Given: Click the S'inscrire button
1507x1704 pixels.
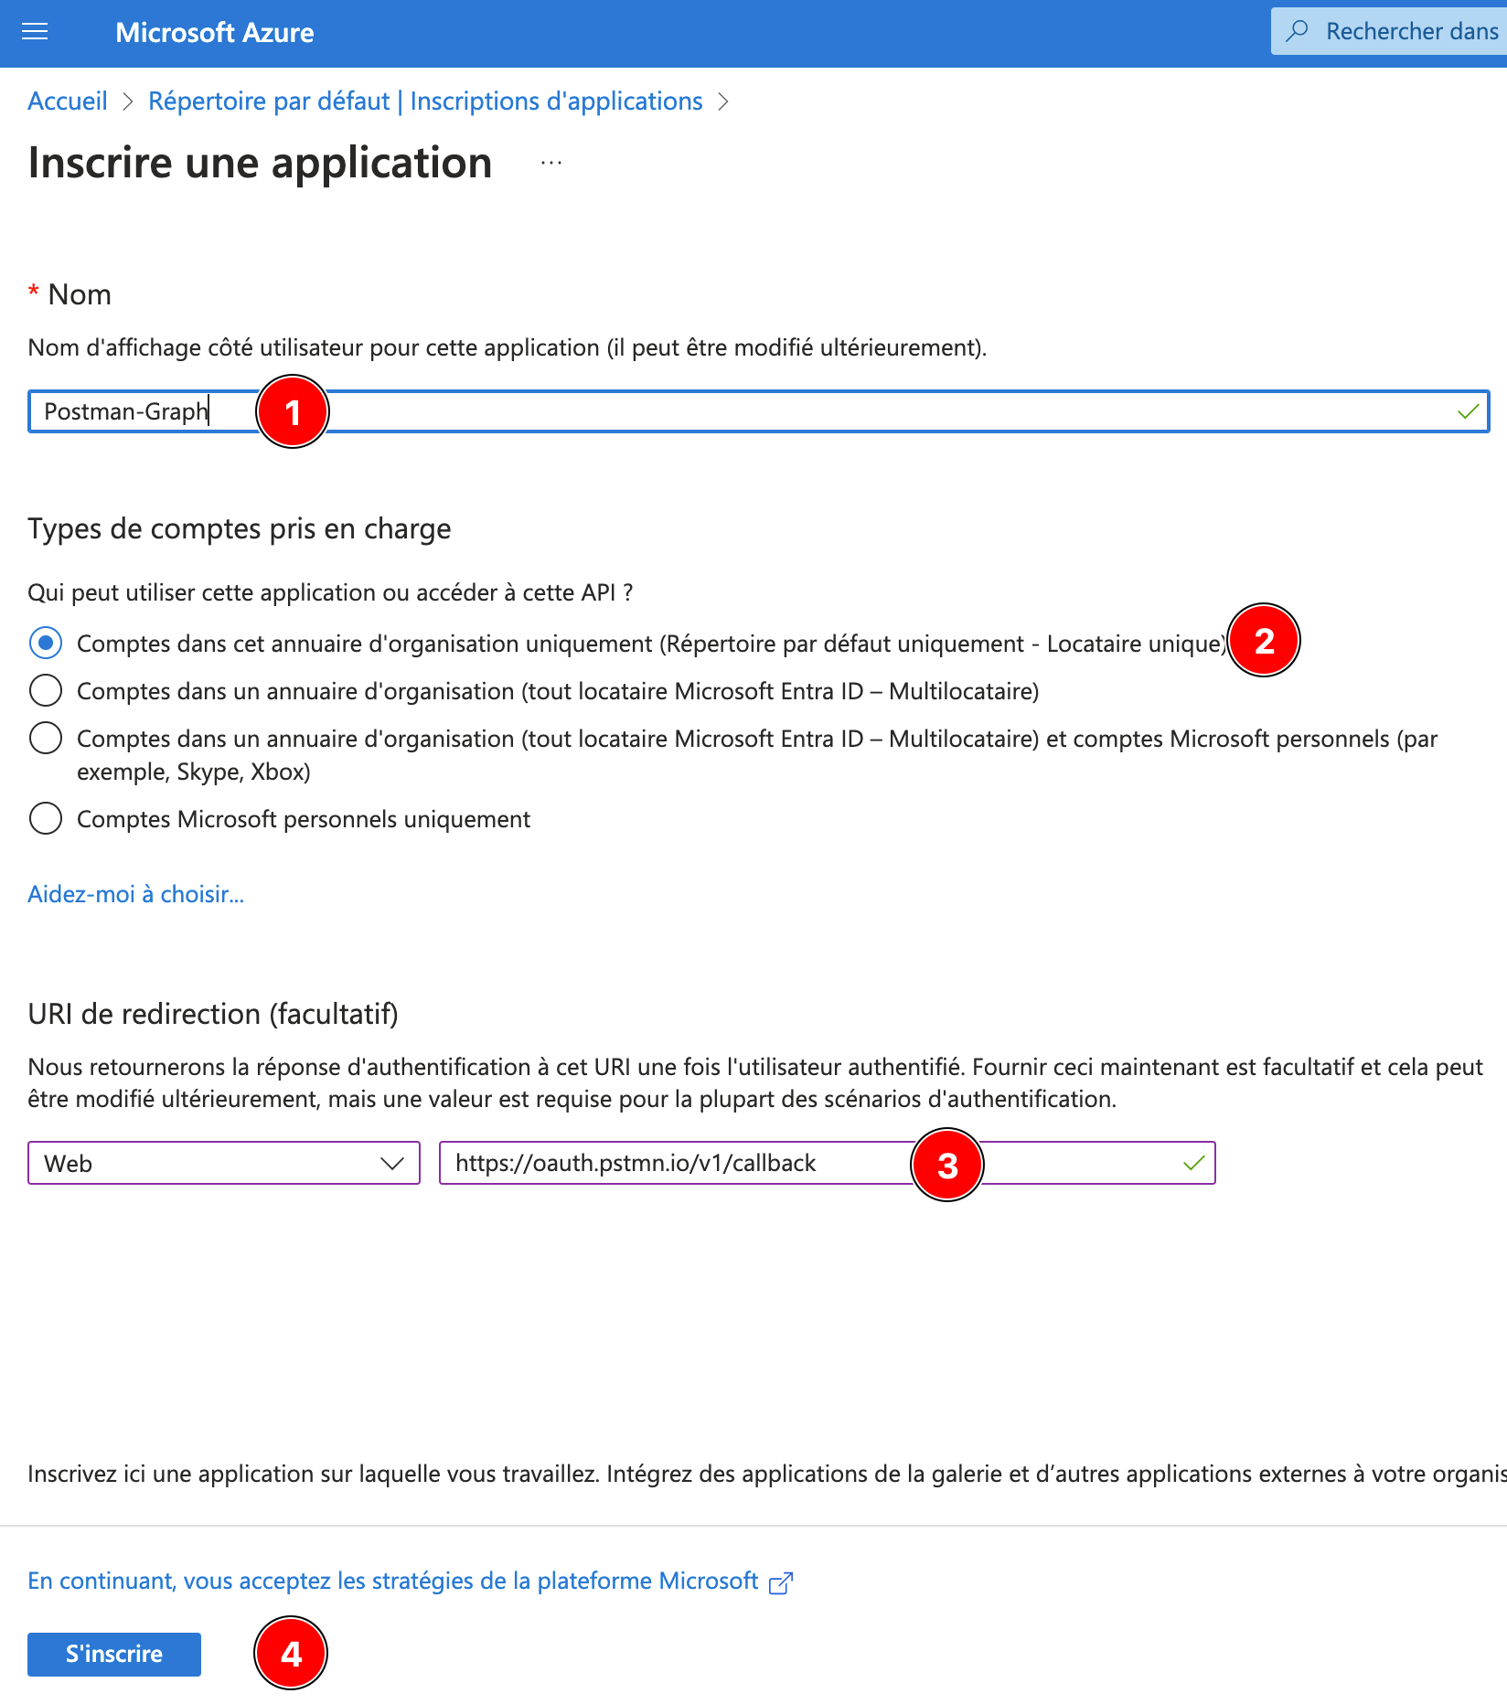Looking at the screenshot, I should pyautogui.click(x=114, y=1654).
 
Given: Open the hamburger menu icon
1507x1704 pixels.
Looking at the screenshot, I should pyautogui.click(x=35, y=33).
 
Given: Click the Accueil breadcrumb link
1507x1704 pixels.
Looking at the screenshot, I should pyautogui.click(x=68, y=101).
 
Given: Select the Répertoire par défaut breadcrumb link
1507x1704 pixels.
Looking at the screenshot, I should pyautogui.click(x=269, y=101).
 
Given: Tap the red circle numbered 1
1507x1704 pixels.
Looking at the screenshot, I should pyautogui.click(x=293, y=412).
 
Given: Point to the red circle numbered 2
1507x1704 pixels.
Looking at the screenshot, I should pyautogui.click(x=1264, y=641).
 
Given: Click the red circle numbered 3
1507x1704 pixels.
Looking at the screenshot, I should pyautogui.click(x=947, y=1165).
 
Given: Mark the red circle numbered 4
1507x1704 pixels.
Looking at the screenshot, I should pyautogui.click(x=291, y=1653).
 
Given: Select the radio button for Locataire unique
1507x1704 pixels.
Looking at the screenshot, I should pyautogui.click(x=46, y=644).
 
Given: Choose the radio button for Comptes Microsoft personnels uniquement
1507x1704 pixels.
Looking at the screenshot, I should pyautogui.click(x=46, y=818).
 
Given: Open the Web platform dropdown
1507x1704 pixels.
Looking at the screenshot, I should pyautogui.click(x=223, y=1163).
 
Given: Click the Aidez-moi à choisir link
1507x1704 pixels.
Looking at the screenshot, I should pyautogui.click(x=135, y=894).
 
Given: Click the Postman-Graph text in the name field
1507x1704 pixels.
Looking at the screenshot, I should pyautogui.click(x=126, y=411).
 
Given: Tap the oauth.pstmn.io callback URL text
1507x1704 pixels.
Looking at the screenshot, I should pyautogui.click(x=636, y=1163).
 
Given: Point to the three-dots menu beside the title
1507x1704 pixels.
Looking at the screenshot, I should pyautogui.click(x=551, y=164).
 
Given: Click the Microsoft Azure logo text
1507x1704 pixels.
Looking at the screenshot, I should pyautogui.click(x=214, y=33).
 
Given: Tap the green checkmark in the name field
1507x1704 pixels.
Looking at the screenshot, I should pyautogui.click(x=1468, y=411).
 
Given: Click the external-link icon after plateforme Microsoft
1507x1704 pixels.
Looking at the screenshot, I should pyautogui.click(x=781, y=1582).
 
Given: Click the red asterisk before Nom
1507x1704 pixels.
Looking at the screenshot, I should pyautogui.click(x=34, y=292).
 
